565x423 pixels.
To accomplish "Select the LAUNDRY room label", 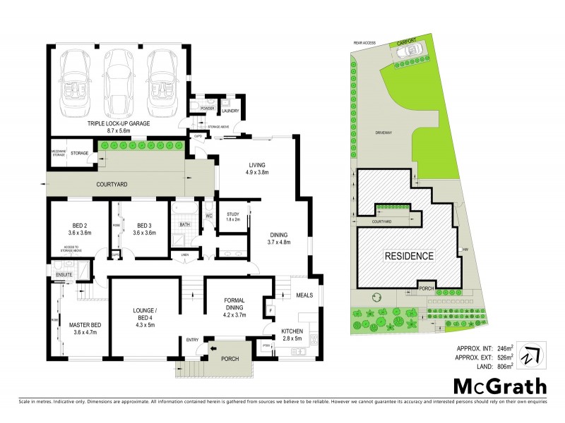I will (x=231, y=111).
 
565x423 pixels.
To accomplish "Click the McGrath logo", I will (x=499, y=386).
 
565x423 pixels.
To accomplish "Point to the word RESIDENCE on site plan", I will (x=409, y=255).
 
